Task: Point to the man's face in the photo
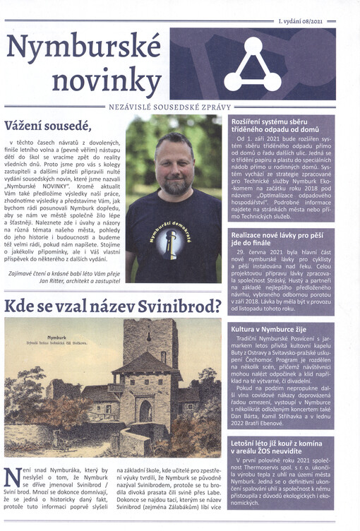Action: (175, 155)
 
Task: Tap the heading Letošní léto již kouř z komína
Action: (281, 448)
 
